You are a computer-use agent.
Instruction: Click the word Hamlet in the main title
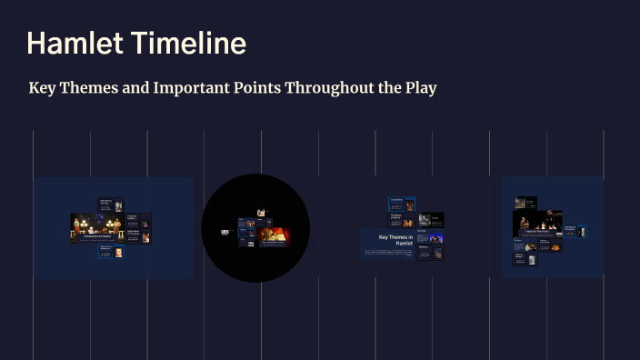click(x=75, y=44)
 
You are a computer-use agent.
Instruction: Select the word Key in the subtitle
click(x=42, y=89)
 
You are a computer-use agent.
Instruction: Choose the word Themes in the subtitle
click(x=89, y=89)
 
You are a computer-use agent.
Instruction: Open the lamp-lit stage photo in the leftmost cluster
click(x=97, y=226)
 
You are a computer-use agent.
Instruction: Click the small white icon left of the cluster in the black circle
click(x=225, y=232)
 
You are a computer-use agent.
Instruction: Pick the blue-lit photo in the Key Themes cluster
click(x=436, y=238)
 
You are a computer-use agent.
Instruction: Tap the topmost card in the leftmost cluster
click(x=111, y=205)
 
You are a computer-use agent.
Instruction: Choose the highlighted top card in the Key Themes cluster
click(x=402, y=203)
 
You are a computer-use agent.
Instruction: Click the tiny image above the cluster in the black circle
click(x=260, y=213)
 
